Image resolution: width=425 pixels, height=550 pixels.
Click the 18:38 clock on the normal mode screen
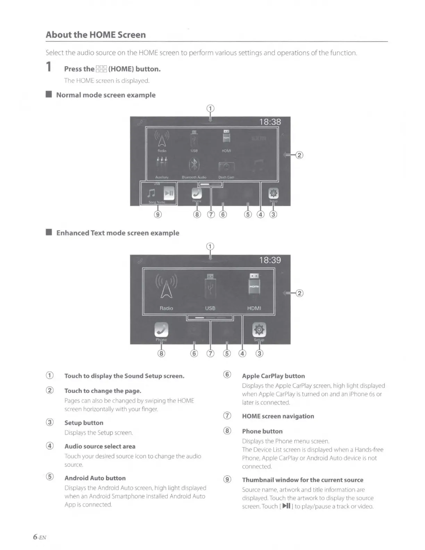click(270, 122)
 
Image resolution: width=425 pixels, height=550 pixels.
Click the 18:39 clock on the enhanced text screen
click(270, 260)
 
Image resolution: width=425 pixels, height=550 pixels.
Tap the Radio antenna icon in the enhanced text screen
click(166, 286)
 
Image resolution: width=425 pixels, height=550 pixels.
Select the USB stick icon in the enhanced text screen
click(210, 286)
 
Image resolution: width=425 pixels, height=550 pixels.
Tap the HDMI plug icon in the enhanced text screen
click(254, 284)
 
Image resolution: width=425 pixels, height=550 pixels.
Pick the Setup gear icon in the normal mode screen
click(274, 193)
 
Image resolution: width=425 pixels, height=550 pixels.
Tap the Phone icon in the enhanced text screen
click(161, 330)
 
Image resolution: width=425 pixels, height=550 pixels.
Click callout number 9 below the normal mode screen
click(158, 214)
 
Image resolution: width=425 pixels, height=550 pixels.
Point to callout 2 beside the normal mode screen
click(299, 155)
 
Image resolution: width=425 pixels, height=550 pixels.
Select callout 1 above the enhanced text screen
click(210, 247)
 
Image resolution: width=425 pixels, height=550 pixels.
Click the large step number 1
click(49, 66)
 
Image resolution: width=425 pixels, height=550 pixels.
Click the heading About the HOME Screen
click(95, 35)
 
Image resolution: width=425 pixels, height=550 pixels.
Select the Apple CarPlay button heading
click(273, 376)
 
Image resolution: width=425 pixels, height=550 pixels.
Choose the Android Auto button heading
click(95, 478)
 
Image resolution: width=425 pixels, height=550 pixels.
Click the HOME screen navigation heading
click(278, 416)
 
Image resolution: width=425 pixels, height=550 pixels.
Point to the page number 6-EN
click(40, 537)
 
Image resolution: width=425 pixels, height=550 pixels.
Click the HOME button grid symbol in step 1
click(101, 69)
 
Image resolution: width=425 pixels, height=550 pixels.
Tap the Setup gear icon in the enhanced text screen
click(259, 329)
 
